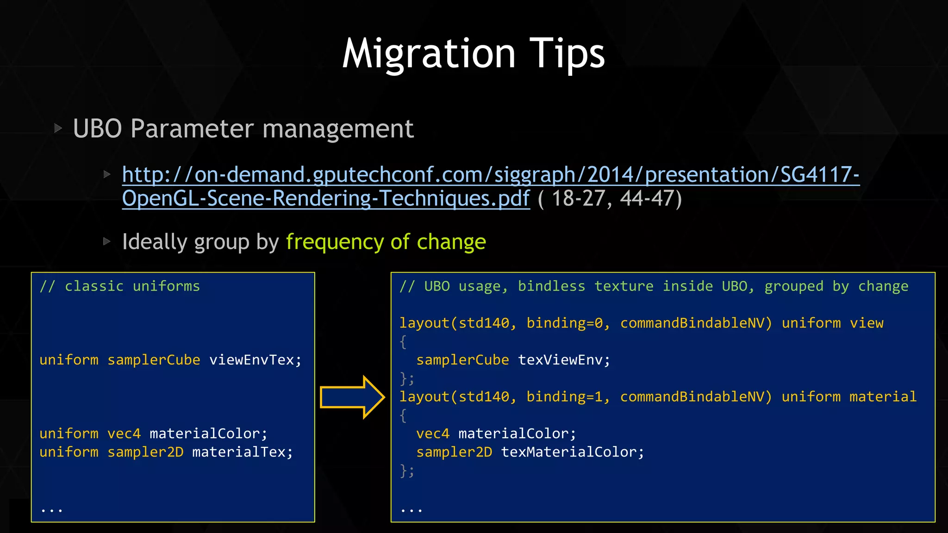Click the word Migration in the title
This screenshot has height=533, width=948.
click(429, 55)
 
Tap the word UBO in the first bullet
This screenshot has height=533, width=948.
click(97, 129)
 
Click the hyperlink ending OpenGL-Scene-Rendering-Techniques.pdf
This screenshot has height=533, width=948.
click(325, 198)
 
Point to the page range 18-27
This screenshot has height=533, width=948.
click(578, 198)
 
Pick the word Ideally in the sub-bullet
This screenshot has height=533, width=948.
click(154, 242)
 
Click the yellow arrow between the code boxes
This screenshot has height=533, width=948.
click(352, 397)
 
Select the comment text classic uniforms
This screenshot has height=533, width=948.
click(132, 286)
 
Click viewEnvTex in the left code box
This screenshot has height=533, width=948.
click(255, 360)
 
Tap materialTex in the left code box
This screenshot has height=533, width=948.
click(243, 452)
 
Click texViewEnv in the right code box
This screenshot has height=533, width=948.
click(564, 360)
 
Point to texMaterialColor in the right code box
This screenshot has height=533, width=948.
click(572, 452)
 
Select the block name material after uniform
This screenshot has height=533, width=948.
click(883, 397)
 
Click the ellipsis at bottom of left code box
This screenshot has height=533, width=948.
click(51, 510)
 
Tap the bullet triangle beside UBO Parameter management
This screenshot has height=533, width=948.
click(58, 128)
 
